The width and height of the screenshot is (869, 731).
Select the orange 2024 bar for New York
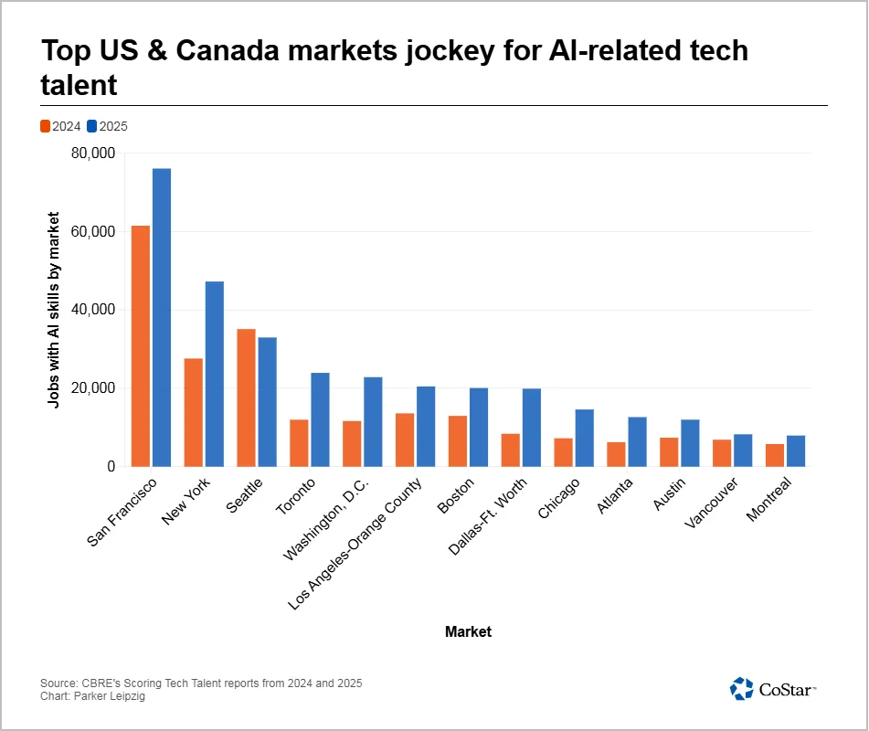(193, 412)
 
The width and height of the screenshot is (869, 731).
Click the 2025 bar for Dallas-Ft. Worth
(532, 427)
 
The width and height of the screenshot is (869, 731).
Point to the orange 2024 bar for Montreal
(775, 455)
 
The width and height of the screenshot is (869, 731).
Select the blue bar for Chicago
(585, 438)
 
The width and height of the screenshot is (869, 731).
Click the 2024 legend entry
(60, 126)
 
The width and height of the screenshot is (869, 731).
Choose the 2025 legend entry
(107, 126)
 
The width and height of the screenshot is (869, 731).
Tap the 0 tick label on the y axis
(110, 466)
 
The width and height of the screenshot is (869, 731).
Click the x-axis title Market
(468, 631)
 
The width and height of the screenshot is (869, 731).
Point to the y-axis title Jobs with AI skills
(54, 310)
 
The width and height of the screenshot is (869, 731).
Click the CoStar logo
(773, 689)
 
